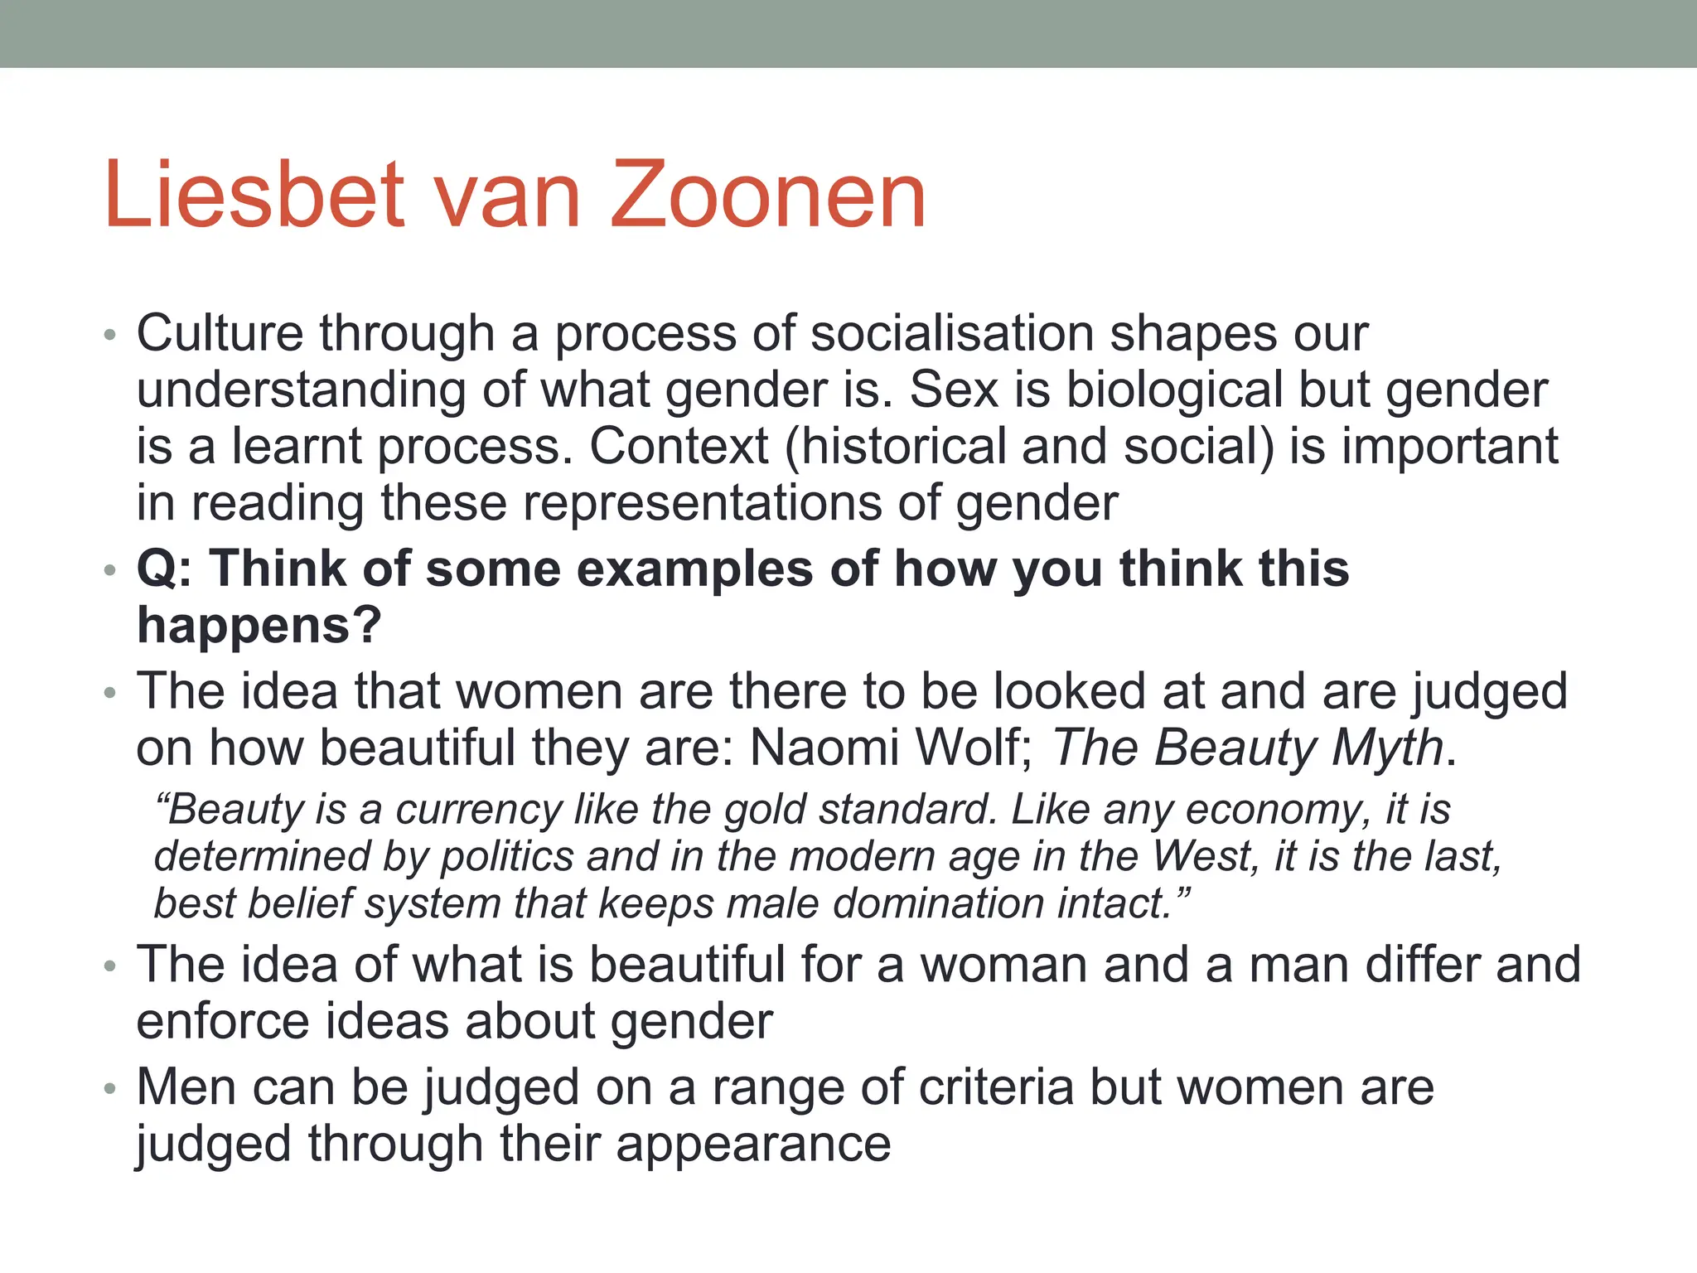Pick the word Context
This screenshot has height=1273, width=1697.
(x=679, y=447)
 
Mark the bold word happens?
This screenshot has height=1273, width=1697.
(x=259, y=626)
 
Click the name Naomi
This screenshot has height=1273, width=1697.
(x=824, y=748)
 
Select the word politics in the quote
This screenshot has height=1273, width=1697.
(x=506, y=857)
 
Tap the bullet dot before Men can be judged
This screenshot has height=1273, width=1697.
(x=110, y=1090)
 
